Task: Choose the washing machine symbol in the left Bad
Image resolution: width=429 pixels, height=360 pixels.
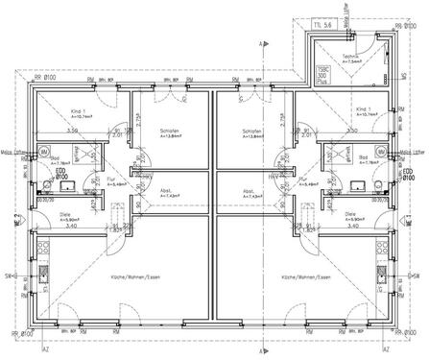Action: pos(44,153)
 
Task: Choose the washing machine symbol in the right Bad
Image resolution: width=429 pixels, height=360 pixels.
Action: pos(382,153)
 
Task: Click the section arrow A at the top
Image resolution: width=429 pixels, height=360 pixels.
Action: pos(261,43)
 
